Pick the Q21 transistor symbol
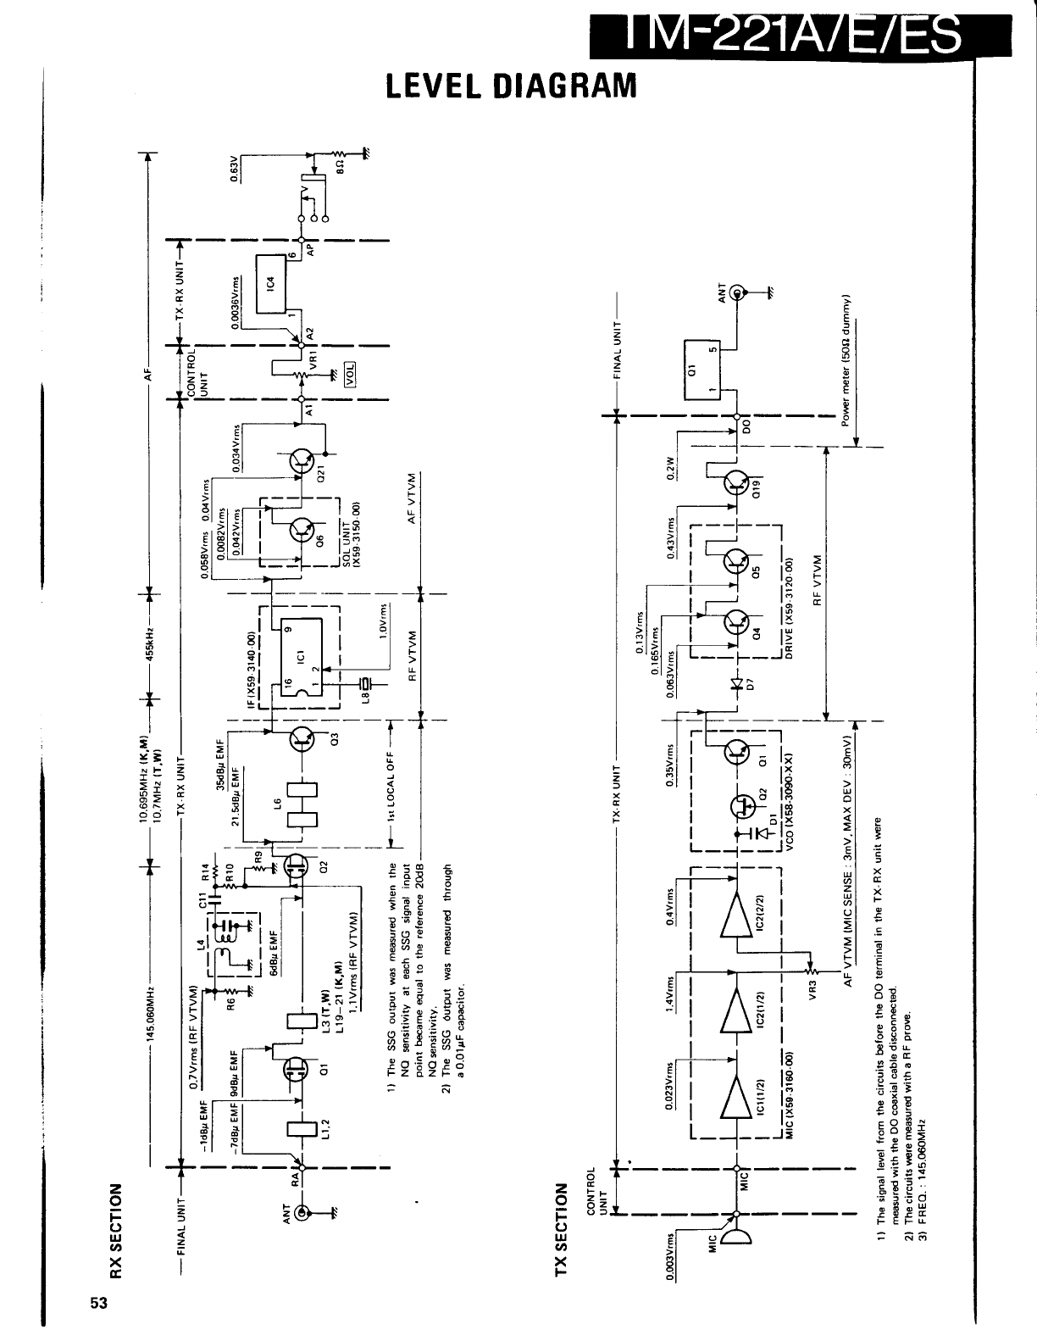point(302,462)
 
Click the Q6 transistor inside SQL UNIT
point(302,530)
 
